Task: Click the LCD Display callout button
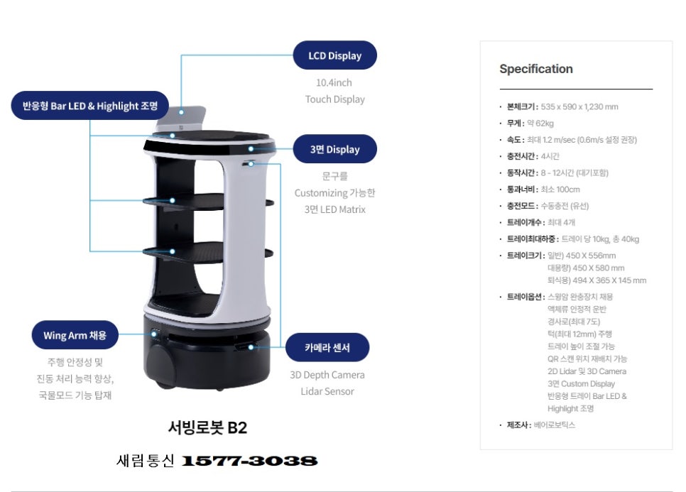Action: click(x=334, y=55)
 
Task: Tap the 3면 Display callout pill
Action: click(x=334, y=149)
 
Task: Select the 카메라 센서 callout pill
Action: click(x=327, y=348)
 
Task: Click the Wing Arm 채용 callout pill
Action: click(x=75, y=335)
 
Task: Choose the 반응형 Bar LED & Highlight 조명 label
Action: click(x=89, y=105)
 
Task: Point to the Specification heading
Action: click(x=536, y=69)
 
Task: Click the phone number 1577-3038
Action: click(x=249, y=461)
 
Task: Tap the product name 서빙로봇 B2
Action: click(x=207, y=427)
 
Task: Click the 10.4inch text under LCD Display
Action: click(x=334, y=82)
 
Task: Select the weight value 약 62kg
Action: click(x=540, y=124)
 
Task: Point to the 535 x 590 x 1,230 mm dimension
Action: click(x=579, y=106)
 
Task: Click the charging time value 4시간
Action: click(x=550, y=156)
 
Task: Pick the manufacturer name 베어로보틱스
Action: click(x=555, y=425)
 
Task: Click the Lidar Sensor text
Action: click(x=327, y=391)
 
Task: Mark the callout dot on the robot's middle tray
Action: click(x=173, y=200)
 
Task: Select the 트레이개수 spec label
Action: click(x=526, y=222)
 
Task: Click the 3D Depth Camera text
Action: click(x=327, y=375)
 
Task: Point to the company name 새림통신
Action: click(x=146, y=461)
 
